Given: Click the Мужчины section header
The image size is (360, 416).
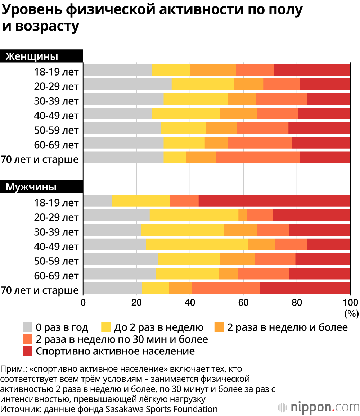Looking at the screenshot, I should (31, 187).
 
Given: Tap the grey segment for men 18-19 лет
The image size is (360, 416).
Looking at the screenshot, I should (98, 200).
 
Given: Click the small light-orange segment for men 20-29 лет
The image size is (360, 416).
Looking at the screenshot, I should (242, 215).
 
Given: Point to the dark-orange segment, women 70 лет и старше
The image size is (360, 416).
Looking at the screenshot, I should (258, 157).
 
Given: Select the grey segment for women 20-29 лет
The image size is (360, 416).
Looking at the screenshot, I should (127, 84).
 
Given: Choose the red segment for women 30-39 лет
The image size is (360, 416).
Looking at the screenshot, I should (329, 99).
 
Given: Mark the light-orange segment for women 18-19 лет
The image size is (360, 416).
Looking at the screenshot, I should (213, 69).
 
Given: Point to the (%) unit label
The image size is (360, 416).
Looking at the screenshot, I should (351, 313).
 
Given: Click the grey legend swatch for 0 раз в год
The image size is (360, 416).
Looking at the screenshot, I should (28, 327).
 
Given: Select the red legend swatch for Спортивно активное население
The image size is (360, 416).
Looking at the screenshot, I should (28, 351).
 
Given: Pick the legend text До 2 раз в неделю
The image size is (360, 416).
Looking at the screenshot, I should (159, 327).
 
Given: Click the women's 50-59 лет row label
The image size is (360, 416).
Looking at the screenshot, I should (56, 130).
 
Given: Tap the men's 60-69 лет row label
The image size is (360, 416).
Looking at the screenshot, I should (56, 276).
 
